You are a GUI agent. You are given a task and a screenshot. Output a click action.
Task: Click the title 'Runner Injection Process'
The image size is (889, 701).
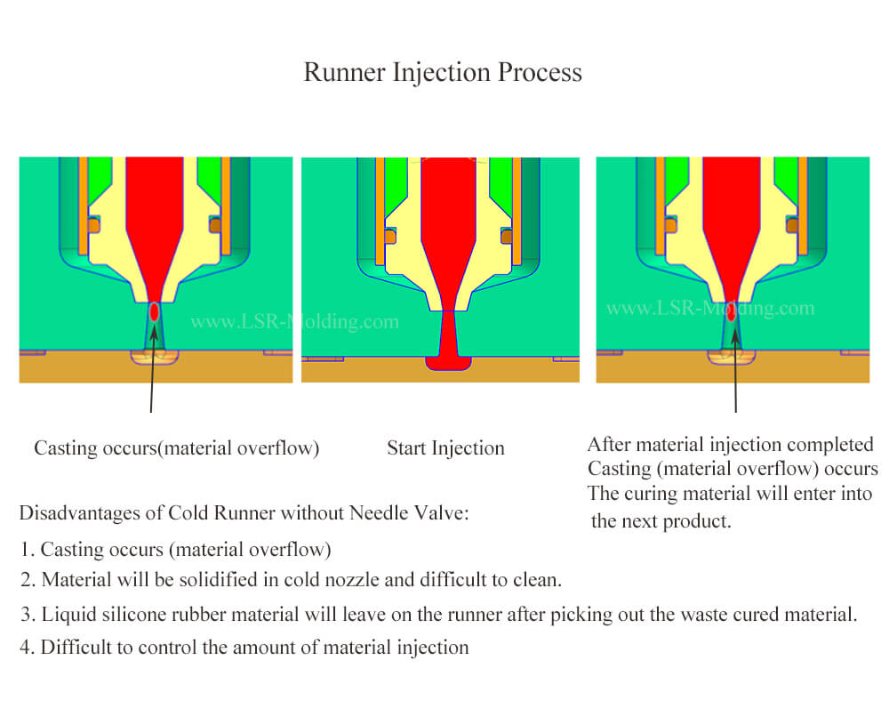click(x=443, y=72)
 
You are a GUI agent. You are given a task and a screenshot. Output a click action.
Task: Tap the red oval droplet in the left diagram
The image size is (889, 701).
click(x=155, y=312)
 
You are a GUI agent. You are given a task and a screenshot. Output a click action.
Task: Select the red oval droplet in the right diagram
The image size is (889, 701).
click(x=731, y=312)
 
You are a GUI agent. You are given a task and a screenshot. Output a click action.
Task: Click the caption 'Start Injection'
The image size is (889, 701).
click(x=445, y=448)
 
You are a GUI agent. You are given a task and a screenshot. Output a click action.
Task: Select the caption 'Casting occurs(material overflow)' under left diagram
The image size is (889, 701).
click(x=176, y=448)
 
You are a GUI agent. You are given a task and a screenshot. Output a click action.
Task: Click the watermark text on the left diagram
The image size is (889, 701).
click(x=294, y=322)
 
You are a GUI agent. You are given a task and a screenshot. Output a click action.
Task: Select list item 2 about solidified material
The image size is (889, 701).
click(x=291, y=580)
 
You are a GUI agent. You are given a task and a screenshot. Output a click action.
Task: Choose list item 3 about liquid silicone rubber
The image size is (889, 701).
click(x=438, y=615)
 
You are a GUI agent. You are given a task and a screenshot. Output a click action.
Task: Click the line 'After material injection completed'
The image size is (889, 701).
click(x=730, y=444)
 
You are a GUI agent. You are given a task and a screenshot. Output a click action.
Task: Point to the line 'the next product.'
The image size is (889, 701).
click(x=661, y=521)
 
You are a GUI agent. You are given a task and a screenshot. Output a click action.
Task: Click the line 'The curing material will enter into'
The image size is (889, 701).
click(x=730, y=494)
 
